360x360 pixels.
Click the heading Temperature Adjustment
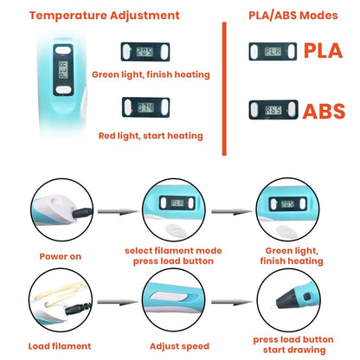pyautogui.click(x=105, y=16)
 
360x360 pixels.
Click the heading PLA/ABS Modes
pyautogui.click(x=293, y=16)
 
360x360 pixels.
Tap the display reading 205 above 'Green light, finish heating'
pyautogui.click(x=145, y=52)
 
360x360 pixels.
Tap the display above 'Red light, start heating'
pyautogui.click(x=145, y=107)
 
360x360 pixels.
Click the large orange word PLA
pyautogui.click(x=323, y=51)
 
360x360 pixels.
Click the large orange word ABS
pyautogui.click(x=324, y=111)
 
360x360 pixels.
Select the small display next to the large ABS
pyautogui.click(x=273, y=110)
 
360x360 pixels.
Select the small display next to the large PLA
pyautogui.click(x=273, y=51)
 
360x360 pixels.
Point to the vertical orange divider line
pyautogui.click(x=224, y=89)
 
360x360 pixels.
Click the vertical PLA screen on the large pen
pyautogui.click(x=63, y=70)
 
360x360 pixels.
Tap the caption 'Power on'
pyautogui.click(x=61, y=256)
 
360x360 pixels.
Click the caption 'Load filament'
pyautogui.click(x=60, y=346)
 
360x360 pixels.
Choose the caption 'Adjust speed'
pyautogui.click(x=179, y=346)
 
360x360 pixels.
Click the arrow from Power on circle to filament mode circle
pyautogui.click(x=118, y=212)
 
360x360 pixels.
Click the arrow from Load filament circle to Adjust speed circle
pyautogui.click(x=118, y=302)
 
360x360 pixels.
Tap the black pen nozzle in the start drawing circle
pyautogui.click(x=288, y=301)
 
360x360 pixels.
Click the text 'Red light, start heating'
pyautogui.click(x=151, y=136)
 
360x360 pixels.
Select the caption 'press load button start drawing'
pyautogui.click(x=293, y=344)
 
